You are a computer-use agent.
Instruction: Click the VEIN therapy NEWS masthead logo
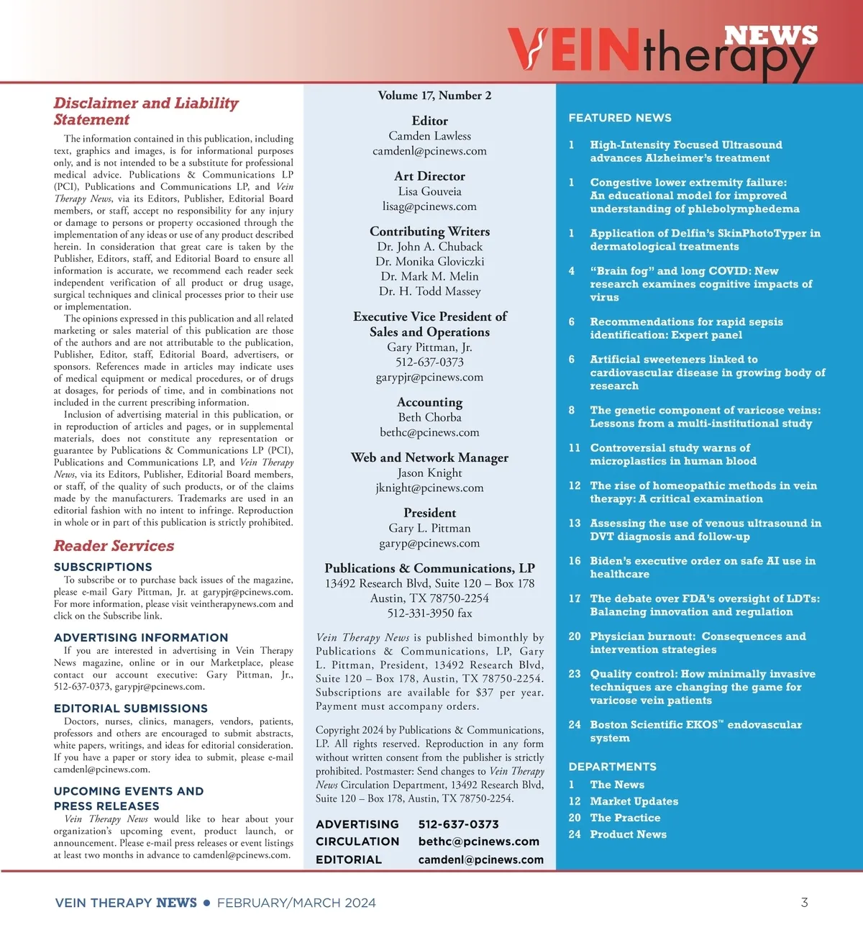662,50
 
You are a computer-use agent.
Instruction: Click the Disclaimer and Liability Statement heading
145,111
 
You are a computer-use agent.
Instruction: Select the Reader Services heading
114,546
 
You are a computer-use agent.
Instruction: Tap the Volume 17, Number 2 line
434,96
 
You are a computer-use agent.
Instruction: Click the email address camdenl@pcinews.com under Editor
429,151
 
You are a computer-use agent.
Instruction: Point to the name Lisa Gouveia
429,191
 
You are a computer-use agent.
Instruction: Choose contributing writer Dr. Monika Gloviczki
429,261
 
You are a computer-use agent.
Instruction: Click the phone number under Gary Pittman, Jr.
429,362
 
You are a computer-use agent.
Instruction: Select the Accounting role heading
429,402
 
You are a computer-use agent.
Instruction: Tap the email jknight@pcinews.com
429,488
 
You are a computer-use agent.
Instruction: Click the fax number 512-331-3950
429,614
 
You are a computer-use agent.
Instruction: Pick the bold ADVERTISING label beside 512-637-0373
357,824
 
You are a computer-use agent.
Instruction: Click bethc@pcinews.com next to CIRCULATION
478,841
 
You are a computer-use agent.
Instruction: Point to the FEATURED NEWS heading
620,118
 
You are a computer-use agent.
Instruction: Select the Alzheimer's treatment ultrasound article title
685,151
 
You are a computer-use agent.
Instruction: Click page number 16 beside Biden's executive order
575,561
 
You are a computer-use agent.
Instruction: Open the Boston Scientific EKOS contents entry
695,731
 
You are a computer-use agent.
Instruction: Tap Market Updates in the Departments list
634,801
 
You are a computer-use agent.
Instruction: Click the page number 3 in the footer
804,903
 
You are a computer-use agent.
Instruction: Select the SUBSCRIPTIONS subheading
103,567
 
